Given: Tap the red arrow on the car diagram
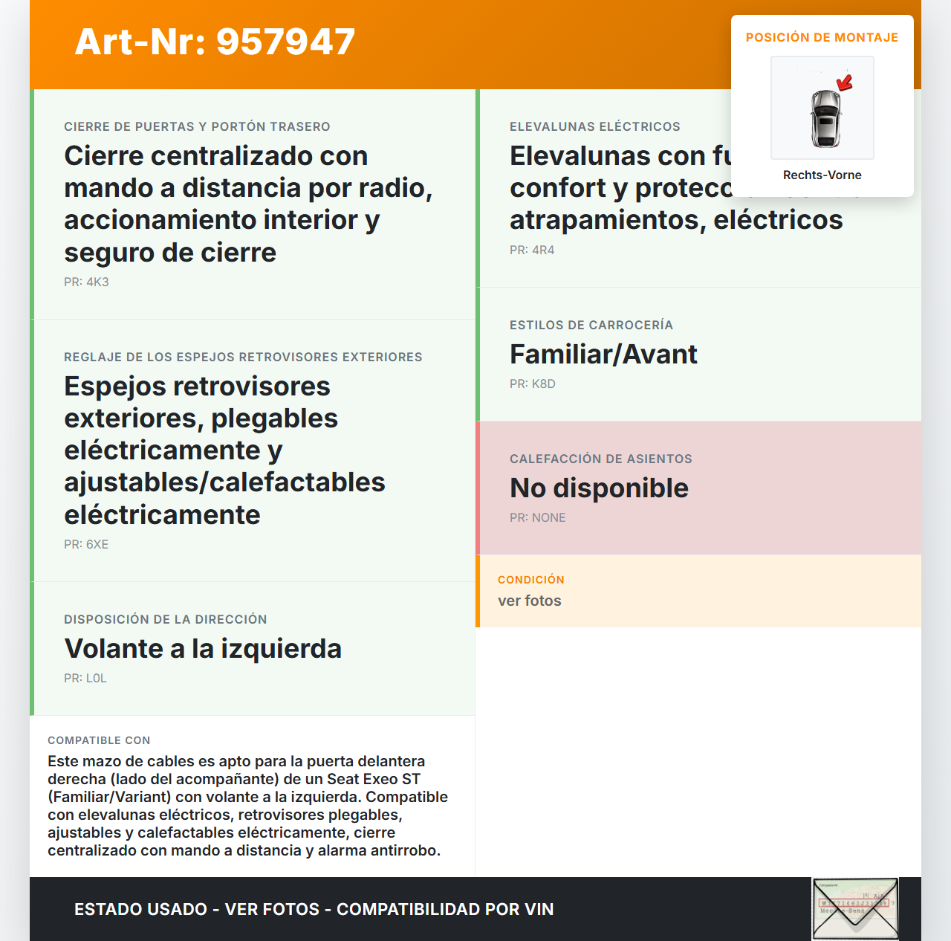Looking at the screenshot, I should (x=845, y=83).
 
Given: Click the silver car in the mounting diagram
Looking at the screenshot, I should (x=825, y=118).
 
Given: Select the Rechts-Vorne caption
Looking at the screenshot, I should (x=822, y=175).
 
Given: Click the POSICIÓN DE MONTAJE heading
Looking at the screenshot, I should (x=822, y=37).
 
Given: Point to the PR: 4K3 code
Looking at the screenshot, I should (x=86, y=282).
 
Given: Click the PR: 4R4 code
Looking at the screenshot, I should (x=532, y=250).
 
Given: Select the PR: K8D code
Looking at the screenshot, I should (x=533, y=384).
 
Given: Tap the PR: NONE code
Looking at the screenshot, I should (x=537, y=517).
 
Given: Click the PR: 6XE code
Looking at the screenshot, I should (x=86, y=544).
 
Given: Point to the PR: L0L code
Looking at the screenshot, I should (x=85, y=678).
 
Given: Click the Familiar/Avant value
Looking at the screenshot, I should (x=603, y=355).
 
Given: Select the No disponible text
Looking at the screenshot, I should (x=599, y=488).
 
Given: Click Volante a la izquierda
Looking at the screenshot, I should (x=203, y=649).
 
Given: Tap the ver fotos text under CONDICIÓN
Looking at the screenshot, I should (x=530, y=601).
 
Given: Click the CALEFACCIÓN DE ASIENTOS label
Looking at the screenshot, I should (x=600, y=459).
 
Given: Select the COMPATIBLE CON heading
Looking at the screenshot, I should (x=99, y=740).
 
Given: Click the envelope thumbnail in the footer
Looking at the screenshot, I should (x=855, y=909).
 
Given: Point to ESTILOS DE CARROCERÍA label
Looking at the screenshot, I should (x=591, y=325).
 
